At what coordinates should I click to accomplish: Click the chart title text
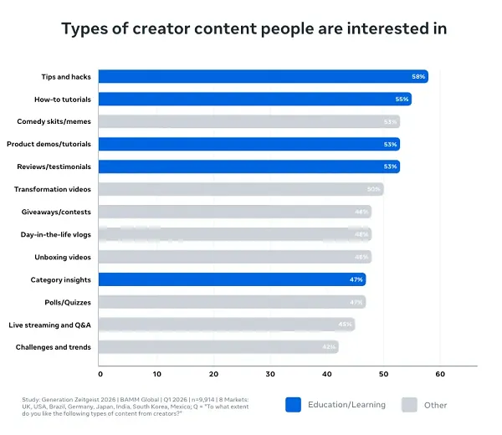point(254,28)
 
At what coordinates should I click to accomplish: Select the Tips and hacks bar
point(263,76)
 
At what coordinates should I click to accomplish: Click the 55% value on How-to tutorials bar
point(402,99)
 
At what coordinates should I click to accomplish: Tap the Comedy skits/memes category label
point(54,121)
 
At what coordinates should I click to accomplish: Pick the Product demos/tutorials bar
point(248,144)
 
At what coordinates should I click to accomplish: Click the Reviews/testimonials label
point(54,166)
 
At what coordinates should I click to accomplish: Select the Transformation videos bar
point(241,189)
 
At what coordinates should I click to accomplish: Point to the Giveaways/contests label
point(59,212)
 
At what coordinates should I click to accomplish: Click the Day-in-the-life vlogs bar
point(234,234)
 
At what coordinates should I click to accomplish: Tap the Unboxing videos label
point(63,257)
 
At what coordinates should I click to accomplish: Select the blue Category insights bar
point(232,279)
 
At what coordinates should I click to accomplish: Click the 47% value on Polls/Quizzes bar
point(356,302)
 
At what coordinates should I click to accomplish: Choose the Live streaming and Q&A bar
point(227,325)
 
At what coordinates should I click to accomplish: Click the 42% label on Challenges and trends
point(329,347)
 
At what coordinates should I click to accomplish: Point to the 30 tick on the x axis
point(269,374)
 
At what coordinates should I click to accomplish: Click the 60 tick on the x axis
point(439,374)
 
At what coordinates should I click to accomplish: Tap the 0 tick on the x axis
point(100,374)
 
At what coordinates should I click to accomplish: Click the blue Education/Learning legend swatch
point(293,405)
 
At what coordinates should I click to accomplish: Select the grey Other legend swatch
point(409,405)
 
